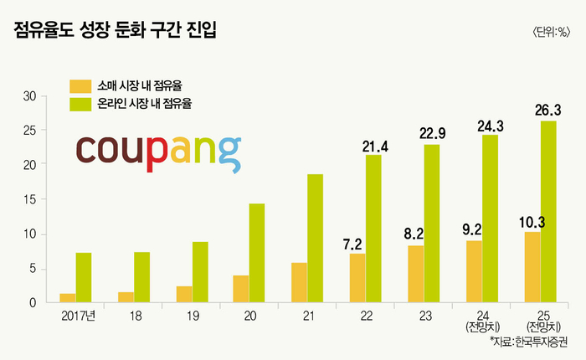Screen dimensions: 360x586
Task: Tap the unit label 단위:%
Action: coord(551,33)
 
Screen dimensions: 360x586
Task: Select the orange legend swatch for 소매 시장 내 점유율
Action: coord(80,85)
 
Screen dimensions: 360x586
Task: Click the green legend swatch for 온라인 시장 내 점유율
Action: coord(80,105)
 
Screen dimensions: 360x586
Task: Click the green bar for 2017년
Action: coord(84,277)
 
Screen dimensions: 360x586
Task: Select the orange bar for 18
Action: coord(126,297)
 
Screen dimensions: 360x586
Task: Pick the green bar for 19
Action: coord(200,272)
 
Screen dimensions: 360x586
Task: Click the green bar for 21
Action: coord(315,239)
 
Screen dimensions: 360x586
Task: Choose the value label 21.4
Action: coord(376,147)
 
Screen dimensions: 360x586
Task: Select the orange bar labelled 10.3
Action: coord(532,267)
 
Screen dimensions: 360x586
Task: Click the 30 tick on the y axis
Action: coord(28,96)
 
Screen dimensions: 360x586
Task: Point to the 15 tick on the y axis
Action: coord(28,199)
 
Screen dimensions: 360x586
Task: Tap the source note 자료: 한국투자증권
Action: coord(528,343)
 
